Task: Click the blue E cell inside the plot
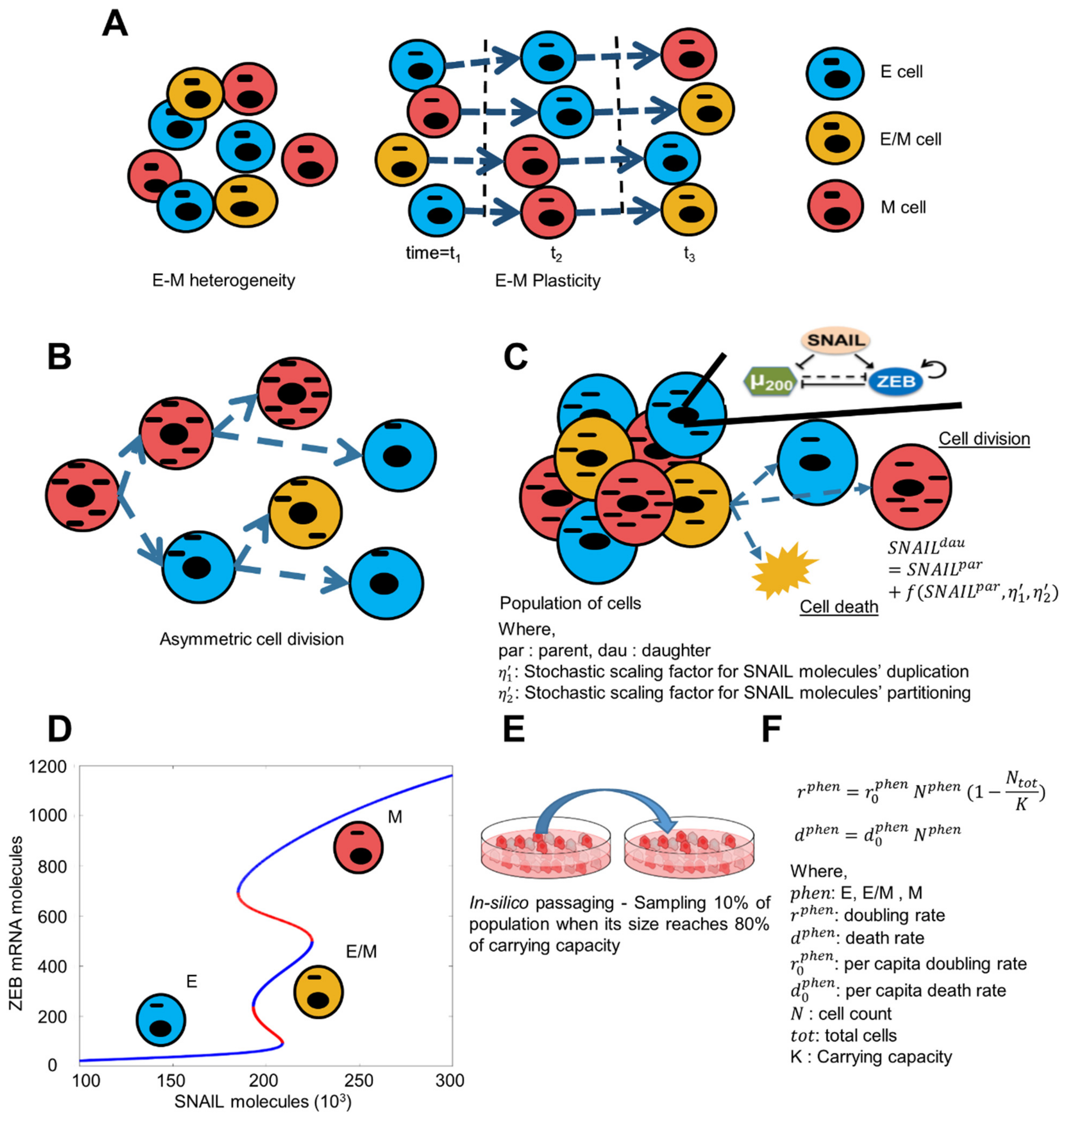pyautogui.click(x=161, y=1020)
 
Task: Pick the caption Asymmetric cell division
pyautogui.click(x=252, y=639)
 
